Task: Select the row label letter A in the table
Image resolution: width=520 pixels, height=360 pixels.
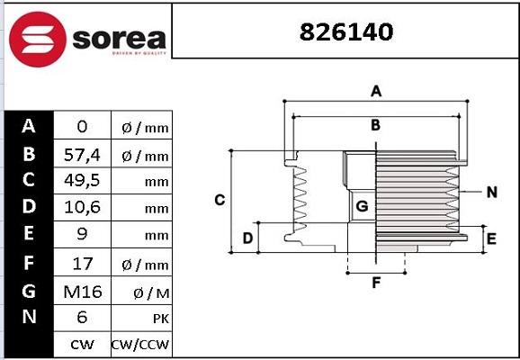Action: point(29,126)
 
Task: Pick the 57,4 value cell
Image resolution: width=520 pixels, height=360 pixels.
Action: point(82,156)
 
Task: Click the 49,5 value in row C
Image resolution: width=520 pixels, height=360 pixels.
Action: point(82,181)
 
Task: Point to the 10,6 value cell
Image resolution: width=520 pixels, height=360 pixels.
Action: point(82,208)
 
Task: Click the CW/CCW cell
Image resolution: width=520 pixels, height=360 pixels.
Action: point(140,344)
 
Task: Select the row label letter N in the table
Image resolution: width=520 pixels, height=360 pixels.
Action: point(29,317)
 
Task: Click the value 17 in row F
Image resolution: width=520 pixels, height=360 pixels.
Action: point(82,264)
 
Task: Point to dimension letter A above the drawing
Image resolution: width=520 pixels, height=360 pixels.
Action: point(377,91)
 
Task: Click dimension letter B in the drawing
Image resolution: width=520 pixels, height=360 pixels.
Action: point(376,125)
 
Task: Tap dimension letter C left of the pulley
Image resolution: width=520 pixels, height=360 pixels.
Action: point(219,200)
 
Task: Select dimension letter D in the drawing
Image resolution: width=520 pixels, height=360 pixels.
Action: point(248,238)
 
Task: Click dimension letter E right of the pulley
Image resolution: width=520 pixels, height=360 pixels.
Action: point(491,238)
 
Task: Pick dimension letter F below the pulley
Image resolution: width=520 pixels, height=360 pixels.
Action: point(376,283)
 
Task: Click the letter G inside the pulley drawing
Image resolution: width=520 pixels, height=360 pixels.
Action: point(362,206)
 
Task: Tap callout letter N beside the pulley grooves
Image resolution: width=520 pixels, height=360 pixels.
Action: point(491,192)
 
